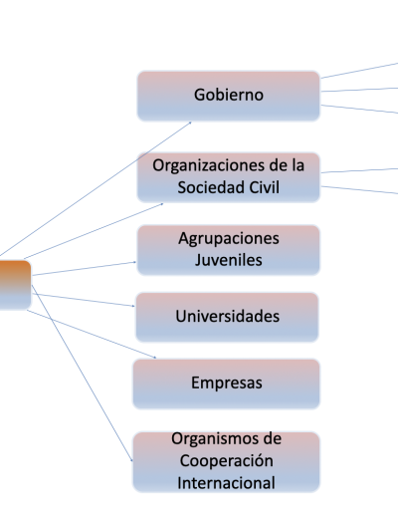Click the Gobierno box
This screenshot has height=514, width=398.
coord(229,96)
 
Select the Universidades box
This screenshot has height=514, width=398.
coord(227,317)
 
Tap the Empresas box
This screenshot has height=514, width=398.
coord(227,384)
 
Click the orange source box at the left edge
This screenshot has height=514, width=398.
coord(15,285)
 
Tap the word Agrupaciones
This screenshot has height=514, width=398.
coord(229,239)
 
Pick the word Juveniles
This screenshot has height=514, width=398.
coord(229,260)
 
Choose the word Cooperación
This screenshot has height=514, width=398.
coord(227,461)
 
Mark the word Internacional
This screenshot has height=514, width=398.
coord(226,483)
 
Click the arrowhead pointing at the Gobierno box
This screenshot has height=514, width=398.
coord(190,123)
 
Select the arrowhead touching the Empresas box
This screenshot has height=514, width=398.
coord(154,358)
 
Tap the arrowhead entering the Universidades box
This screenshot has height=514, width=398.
coord(133,306)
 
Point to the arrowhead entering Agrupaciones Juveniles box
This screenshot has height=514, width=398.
coord(134,262)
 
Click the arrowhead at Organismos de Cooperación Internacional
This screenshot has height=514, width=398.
coord(131,460)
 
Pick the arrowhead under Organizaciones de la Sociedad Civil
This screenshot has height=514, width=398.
coord(162,204)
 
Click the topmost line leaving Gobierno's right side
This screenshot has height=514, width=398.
coord(359,71)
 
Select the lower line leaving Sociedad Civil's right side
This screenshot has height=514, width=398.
coord(359,190)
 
